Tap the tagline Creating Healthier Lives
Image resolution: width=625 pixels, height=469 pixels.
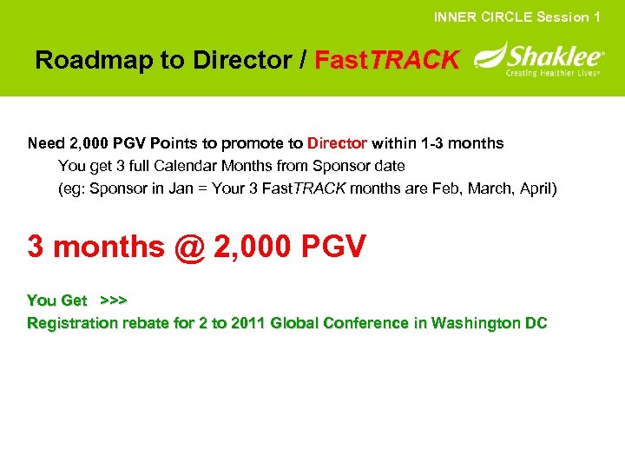(x=553, y=74)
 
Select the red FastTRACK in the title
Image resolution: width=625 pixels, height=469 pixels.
(x=386, y=60)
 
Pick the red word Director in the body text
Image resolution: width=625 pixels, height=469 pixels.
(x=337, y=142)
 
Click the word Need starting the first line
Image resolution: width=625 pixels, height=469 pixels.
(x=45, y=142)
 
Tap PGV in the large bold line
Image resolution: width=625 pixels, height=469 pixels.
(x=333, y=247)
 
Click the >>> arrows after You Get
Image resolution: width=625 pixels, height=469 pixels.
(x=114, y=301)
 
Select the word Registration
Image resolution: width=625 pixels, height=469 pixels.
(x=72, y=323)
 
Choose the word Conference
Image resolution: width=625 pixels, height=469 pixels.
(x=365, y=323)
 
